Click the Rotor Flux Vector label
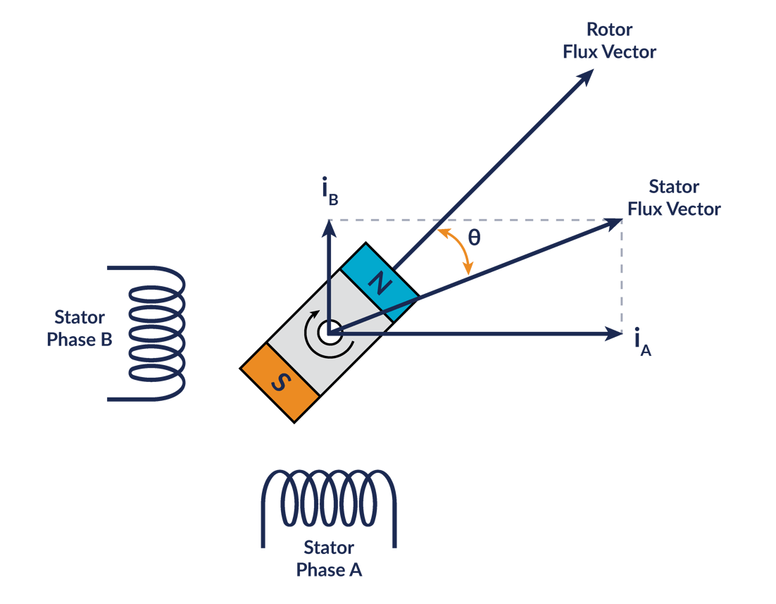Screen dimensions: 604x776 point(609,41)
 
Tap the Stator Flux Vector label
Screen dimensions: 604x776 point(674,198)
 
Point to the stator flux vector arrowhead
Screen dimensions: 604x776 point(613,223)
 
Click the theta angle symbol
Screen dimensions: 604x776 point(475,238)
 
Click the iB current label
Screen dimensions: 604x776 point(329,193)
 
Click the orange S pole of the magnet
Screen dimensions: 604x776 point(280,382)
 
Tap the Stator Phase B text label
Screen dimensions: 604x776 point(80,328)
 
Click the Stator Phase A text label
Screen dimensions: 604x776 point(329,558)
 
